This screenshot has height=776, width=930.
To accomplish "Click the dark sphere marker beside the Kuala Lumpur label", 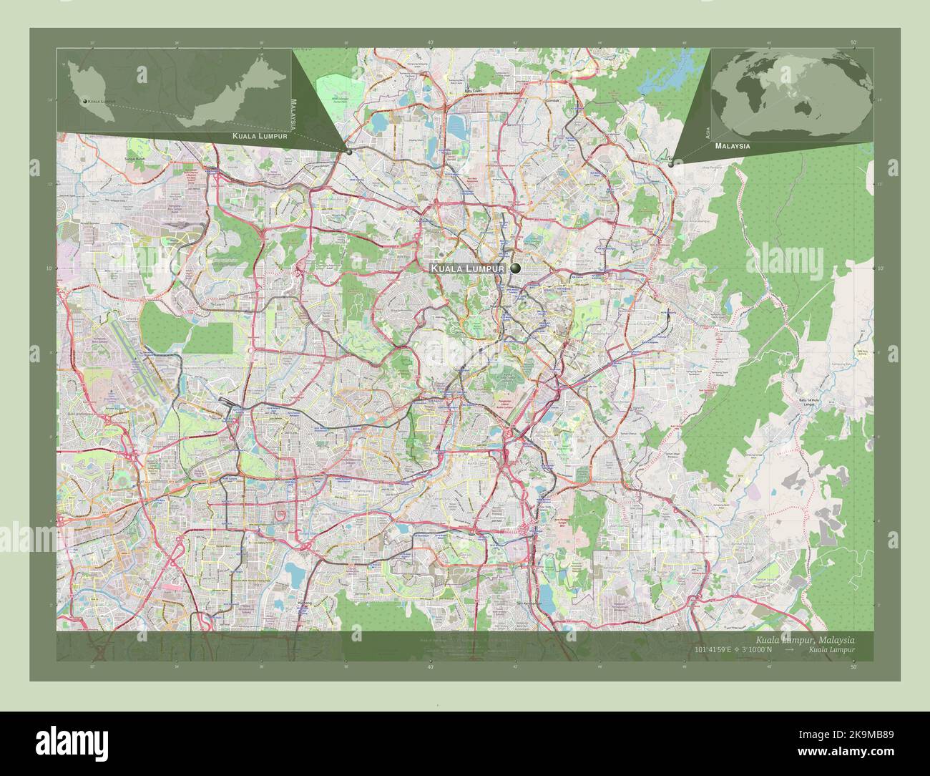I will click(515, 268).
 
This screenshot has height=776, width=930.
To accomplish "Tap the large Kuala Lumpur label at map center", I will click(467, 268).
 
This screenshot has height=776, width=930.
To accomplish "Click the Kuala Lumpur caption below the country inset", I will click(260, 135).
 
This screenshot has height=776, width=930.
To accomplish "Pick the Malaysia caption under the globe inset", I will click(732, 145).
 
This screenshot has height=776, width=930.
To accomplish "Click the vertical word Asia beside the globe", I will click(708, 131).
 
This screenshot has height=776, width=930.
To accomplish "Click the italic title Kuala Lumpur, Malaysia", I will click(804, 639).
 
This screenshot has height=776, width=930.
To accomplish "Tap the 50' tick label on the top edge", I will click(853, 43).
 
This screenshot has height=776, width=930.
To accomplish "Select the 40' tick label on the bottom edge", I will click(431, 666).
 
